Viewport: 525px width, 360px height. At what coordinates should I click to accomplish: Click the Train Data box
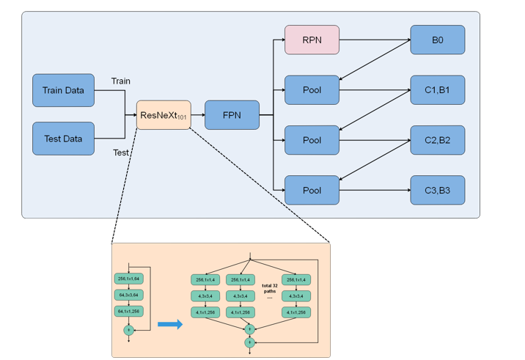(63, 90)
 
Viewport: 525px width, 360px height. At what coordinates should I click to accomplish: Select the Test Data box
(63, 138)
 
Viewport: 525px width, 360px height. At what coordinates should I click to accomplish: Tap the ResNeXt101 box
(164, 115)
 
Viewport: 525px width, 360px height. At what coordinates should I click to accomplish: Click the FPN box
(232, 115)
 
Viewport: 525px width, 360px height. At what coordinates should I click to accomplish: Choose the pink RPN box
(312, 40)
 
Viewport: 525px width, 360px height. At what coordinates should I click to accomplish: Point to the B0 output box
(437, 40)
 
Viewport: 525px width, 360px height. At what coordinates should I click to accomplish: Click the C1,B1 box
(437, 90)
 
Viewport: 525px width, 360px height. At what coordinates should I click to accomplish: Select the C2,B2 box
(437, 140)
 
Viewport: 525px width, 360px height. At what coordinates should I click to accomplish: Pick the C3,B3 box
(437, 191)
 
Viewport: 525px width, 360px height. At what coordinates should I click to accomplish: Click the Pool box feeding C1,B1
(312, 90)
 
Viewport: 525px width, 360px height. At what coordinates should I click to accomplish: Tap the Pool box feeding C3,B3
(312, 191)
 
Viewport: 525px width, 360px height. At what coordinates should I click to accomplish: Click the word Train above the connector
(120, 81)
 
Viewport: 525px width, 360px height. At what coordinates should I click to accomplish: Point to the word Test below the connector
(121, 153)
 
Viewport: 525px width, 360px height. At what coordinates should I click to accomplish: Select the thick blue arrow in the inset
(170, 325)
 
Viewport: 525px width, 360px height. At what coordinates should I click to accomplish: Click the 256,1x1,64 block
(128, 279)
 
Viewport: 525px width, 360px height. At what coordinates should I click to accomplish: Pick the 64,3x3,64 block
(128, 295)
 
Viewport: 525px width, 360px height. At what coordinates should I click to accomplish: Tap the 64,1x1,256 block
(128, 312)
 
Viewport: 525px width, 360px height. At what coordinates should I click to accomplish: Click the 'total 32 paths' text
(270, 287)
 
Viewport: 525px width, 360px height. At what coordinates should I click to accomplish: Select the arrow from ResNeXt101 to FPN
(197, 115)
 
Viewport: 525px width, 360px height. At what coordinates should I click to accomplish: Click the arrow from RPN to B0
(374, 40)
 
